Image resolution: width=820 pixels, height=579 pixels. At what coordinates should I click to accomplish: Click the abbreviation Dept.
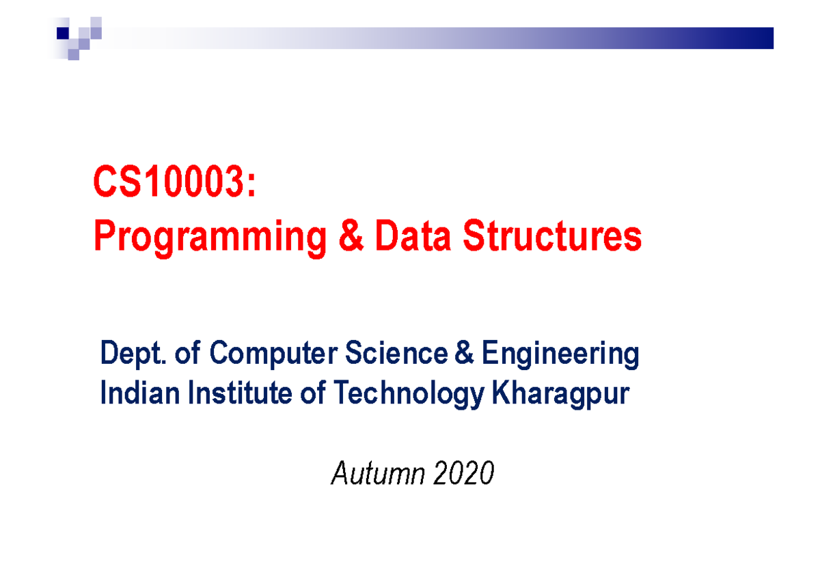pyautogui.click(x=133, y=354)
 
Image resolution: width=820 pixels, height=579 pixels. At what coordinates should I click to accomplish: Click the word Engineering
pyautogui.click(x=560, y=355)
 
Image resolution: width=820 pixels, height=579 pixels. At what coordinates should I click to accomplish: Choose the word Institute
pyautogui.click(x=243, y=394)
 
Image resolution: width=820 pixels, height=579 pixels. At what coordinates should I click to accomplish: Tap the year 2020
pyautogui.click(x=463, y=473)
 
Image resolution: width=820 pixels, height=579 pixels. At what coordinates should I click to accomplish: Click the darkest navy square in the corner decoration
pyautogui.click(x=63, y=31)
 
